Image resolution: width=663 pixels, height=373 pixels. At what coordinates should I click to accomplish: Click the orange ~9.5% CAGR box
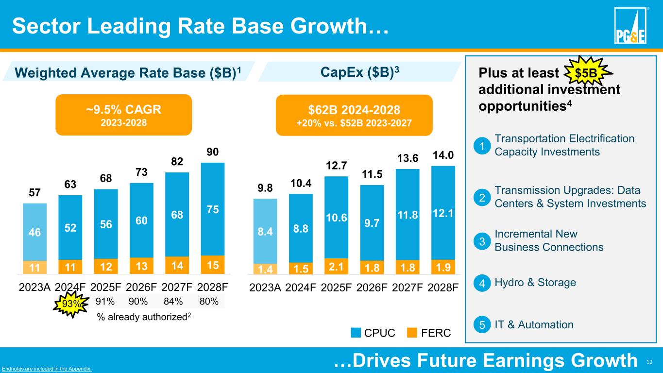tap(124, 114)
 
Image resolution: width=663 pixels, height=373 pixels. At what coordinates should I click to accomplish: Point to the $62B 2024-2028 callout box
tap(354, 115)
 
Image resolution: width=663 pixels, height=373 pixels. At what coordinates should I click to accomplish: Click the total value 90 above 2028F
tap(213, 153)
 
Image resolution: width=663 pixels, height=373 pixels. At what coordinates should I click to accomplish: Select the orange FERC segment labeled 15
tap(213, 265)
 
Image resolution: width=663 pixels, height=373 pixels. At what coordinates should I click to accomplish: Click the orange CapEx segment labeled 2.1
tap(337, 267)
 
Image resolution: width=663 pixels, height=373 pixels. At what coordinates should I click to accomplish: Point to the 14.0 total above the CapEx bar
tap(443, 155)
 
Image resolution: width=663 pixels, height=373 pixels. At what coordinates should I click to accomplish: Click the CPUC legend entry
tap(373, 333)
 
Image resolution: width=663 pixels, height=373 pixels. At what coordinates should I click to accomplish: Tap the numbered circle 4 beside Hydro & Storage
tap(481, 283)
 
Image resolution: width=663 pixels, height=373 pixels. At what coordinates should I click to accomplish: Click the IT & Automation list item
tap(534, 324)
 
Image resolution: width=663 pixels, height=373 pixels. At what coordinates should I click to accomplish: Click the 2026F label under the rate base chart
tap(142, 287)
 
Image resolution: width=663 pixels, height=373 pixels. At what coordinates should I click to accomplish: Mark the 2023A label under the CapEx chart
tap(265, 287)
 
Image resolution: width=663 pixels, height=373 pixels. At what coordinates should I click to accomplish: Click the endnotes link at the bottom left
tap(47, 369)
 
